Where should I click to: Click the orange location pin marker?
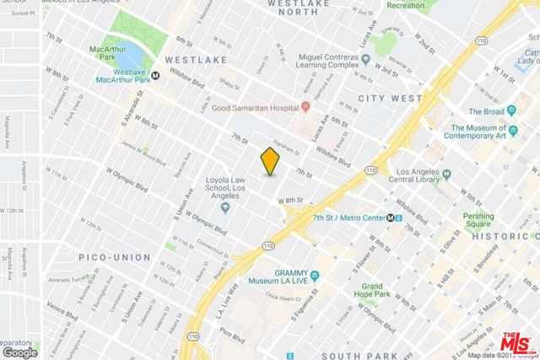[269, 160]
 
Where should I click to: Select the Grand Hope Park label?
[367, 292]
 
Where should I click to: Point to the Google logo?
[20, 352]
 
